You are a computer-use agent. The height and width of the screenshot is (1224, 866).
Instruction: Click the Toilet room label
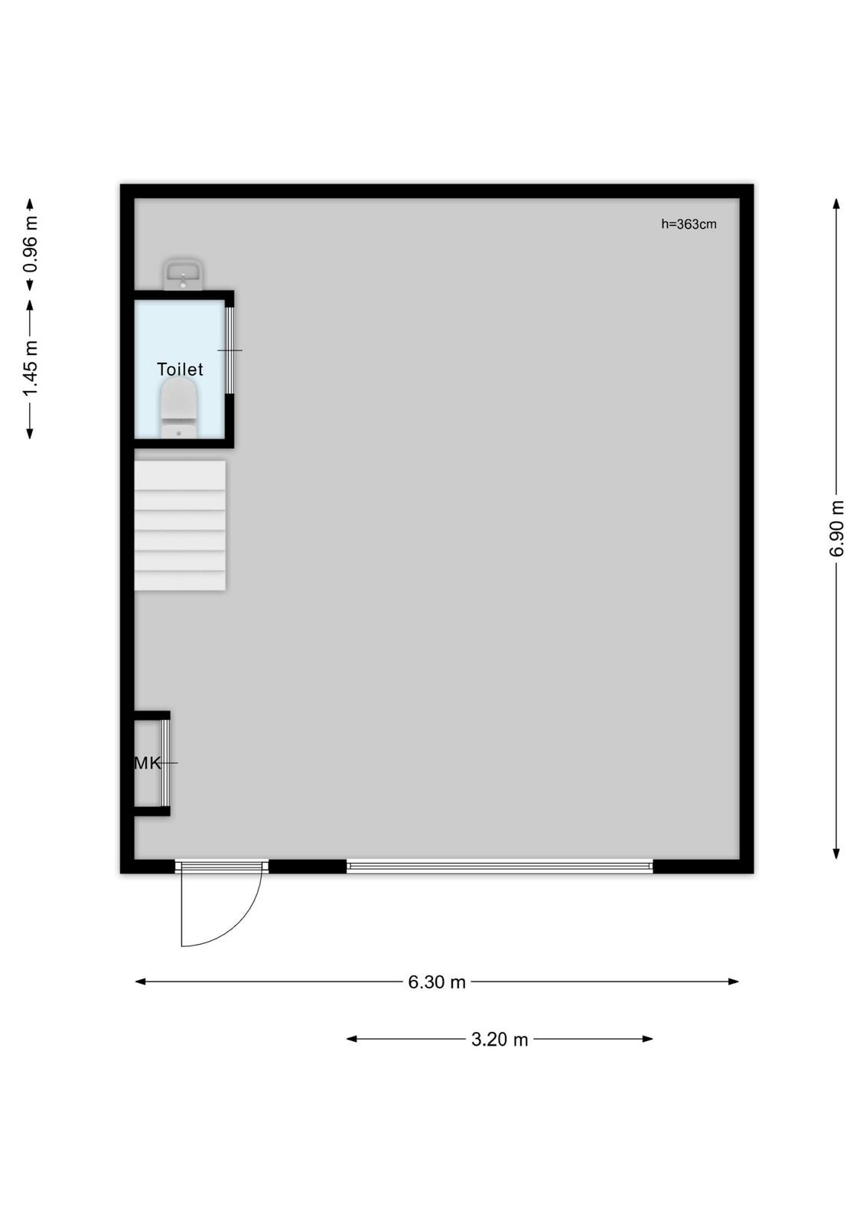pyautogui.click(x=180, y=369)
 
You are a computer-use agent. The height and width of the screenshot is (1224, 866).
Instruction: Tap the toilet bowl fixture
pyautogui.click(x=179, y=409)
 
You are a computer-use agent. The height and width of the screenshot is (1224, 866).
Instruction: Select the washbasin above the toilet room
pyautogui.click(x=183, y=275)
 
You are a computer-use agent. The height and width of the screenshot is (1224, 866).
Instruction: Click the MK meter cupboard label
pyautogui.click(x=147, y=763)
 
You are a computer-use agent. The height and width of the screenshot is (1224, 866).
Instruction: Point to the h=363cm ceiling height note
pyautogui.click(x=689, y=224)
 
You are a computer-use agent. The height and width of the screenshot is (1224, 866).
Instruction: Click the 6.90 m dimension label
pyautogui.click(x=836, y=529)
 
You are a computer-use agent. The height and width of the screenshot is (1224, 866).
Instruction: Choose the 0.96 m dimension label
pyautogui.click(x=30, y=244)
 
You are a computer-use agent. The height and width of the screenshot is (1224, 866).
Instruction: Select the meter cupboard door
pyautogui.click(x=166, y=763)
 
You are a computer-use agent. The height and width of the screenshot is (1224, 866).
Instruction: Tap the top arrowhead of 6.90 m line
pyautogui.click(x=836, y=203)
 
